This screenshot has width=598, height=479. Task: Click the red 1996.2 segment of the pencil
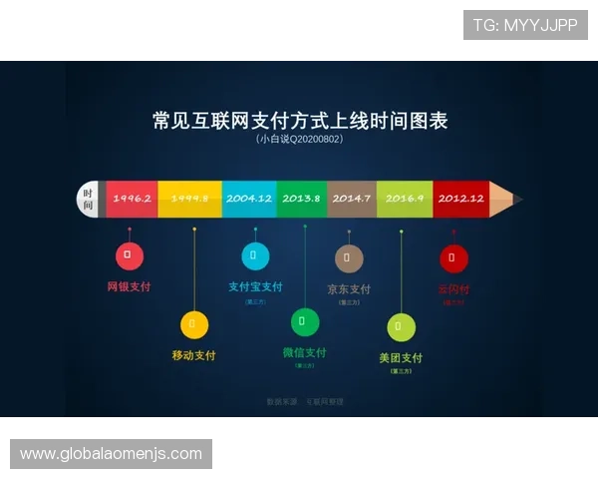click(132, 199)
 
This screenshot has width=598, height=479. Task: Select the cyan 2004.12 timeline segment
click(249, 199)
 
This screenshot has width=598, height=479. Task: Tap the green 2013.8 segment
click(301, 199)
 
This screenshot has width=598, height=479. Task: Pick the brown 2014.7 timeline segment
click(351, 199)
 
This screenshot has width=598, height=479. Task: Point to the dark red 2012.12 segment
click(460, 199)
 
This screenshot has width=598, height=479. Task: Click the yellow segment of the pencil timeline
click(189, 199)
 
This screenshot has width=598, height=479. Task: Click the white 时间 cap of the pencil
click(88, 199)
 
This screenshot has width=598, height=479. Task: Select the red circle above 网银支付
click(129, 255)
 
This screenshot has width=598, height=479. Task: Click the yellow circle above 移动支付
click(194, 324)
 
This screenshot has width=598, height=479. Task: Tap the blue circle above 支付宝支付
click(255, 255)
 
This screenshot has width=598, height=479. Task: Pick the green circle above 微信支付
click(305, 322)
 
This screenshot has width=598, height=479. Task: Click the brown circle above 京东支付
click(349, 258)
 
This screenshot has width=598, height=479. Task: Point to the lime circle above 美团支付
click(401, 327)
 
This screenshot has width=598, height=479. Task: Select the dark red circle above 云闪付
click(453, 258)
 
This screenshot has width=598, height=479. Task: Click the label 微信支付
click(305, 352)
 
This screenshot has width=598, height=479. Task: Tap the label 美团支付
click(401, 358)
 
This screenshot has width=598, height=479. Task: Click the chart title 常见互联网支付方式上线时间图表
click(299, 121)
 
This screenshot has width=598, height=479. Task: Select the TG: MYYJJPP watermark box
click(525, 24)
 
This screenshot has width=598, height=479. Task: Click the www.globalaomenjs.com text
click(111, 454)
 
